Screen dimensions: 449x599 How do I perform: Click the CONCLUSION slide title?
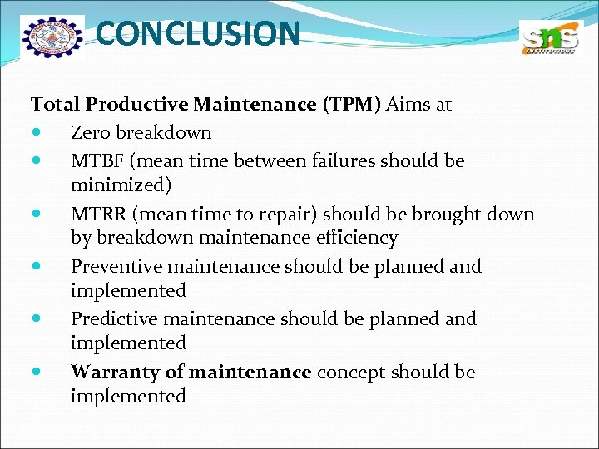198,34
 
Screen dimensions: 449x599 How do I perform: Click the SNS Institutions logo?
548,38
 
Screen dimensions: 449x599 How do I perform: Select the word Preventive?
116,267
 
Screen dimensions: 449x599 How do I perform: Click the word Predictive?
116,319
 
